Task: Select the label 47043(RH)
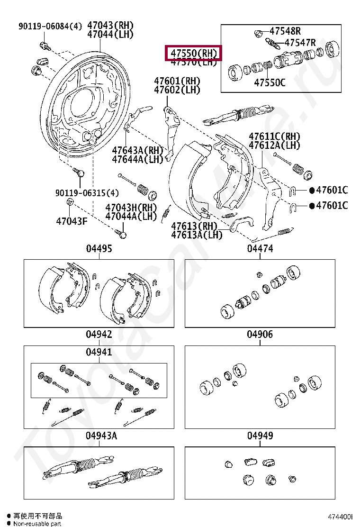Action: point(110,26)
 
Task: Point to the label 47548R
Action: point(285,32)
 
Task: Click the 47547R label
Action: point(300,43)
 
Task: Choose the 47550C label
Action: point(270,82)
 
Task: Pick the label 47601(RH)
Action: point(177,81)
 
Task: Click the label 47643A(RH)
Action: point(137,151)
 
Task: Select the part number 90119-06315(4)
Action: point(87,193)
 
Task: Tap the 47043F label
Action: point(72,221)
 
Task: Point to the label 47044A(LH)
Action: point(131,216)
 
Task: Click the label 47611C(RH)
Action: point(275,136)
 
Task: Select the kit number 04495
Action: point(99,249)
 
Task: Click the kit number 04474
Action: point(260,249)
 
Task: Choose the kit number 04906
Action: point(260,335)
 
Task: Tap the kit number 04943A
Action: point(101,436)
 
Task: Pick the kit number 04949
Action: point(260,436)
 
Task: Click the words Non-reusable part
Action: point(37,524)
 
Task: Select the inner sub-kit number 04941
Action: point(99,352)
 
